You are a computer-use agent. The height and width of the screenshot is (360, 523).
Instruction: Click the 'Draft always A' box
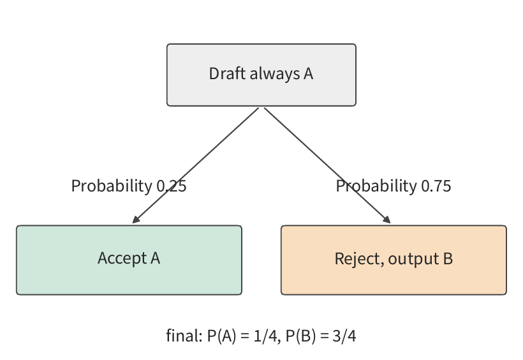[261, 75]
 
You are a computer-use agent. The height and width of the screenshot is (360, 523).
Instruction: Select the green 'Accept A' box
[129, 260]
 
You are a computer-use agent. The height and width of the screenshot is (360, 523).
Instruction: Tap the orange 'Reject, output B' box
[394, 260]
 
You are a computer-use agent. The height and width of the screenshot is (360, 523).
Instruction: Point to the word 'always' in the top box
[274, 74]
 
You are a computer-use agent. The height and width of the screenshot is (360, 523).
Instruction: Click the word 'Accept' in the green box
[122, 259]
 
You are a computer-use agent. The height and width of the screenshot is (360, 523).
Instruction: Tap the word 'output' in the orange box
[413, 259]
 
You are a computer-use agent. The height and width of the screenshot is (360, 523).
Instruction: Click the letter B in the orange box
[448, 259]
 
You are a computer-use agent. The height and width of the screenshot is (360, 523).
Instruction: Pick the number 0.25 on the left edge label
[172, 186]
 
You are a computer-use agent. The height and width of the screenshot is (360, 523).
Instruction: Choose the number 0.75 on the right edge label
[436, 186]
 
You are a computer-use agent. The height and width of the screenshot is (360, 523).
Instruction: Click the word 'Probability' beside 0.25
[112, 186]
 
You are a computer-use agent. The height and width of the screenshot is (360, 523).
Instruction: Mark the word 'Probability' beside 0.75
[376, 186]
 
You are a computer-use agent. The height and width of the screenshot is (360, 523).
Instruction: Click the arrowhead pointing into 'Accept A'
[136, 220]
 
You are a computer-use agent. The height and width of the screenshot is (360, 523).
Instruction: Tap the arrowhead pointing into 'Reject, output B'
[387, 220]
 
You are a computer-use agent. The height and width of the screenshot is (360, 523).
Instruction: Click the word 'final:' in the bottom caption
[184, 335]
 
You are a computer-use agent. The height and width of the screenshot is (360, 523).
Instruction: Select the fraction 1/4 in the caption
[265, 336]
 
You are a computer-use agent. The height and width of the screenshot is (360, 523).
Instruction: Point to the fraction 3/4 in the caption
[344, 336]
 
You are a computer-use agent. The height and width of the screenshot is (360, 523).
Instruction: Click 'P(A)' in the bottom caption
[222, 336]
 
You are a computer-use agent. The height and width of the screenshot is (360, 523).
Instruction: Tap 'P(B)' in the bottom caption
[301, 336]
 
